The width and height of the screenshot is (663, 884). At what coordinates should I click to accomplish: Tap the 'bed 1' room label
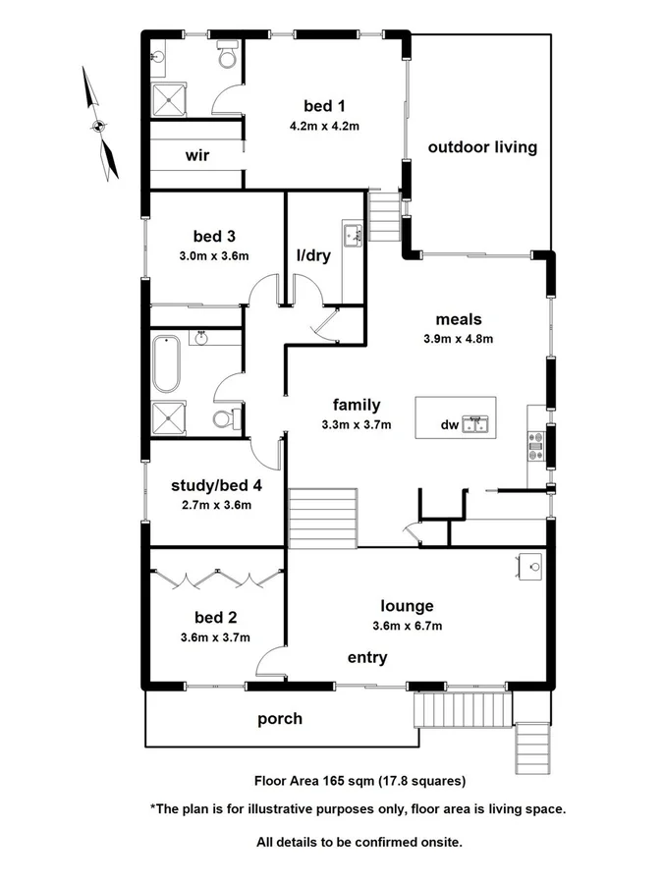[324, 106]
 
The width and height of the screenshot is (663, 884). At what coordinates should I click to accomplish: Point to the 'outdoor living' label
[482, 147]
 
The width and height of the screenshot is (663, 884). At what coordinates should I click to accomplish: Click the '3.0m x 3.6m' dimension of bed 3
[214, 256]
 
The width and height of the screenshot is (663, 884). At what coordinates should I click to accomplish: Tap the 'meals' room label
[461, 319]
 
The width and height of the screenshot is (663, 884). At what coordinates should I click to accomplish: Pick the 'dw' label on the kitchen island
[449, 425]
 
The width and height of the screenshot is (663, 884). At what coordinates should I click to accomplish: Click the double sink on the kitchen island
[477, 424]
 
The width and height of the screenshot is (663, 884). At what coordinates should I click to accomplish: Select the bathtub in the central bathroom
[163, 365]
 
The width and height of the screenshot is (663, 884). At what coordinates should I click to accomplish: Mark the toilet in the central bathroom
[224, 420]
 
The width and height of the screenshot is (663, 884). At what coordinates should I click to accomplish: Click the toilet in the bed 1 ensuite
[228, 58]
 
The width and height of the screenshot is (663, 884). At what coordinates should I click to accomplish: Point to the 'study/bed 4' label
[215, 485]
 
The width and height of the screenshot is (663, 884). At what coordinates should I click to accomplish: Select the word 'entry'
[367, 657]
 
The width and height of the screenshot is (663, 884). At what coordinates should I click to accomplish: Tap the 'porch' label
[280, 719]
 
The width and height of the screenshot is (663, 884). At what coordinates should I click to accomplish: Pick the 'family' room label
[356, 405]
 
